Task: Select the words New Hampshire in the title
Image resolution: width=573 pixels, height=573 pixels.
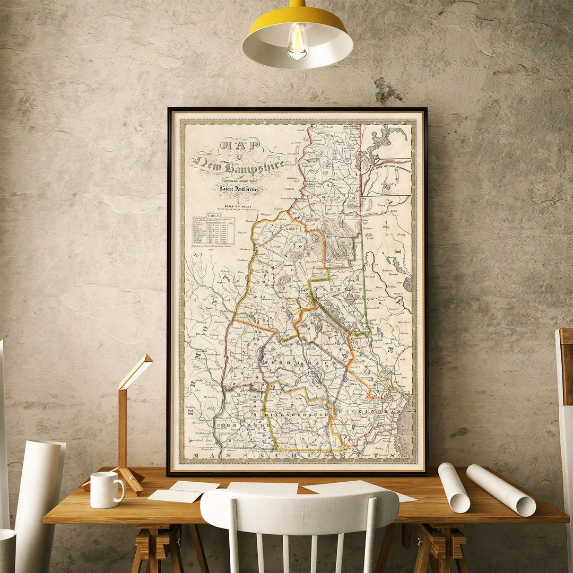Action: click(239, 165)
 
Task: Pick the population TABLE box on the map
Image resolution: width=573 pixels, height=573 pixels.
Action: click(213, 229)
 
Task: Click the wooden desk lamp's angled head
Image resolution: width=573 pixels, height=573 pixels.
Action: click(135, 371)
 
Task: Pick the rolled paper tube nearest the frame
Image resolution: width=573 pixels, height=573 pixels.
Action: click(454, 487)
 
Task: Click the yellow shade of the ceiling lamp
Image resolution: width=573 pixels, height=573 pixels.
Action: click(297, 21)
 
